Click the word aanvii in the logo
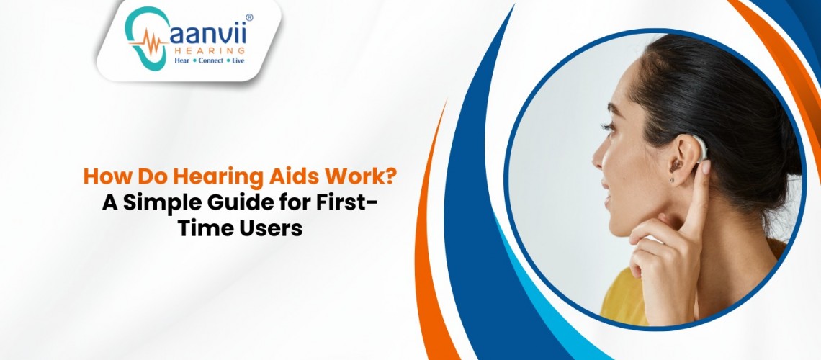coord(207,35)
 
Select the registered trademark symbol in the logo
coord(249,18)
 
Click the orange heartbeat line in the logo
coord(148,41)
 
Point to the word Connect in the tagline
coord(210,60)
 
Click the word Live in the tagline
coord(238,60)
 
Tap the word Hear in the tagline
coord(182,60)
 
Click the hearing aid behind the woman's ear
coord(700,148)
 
